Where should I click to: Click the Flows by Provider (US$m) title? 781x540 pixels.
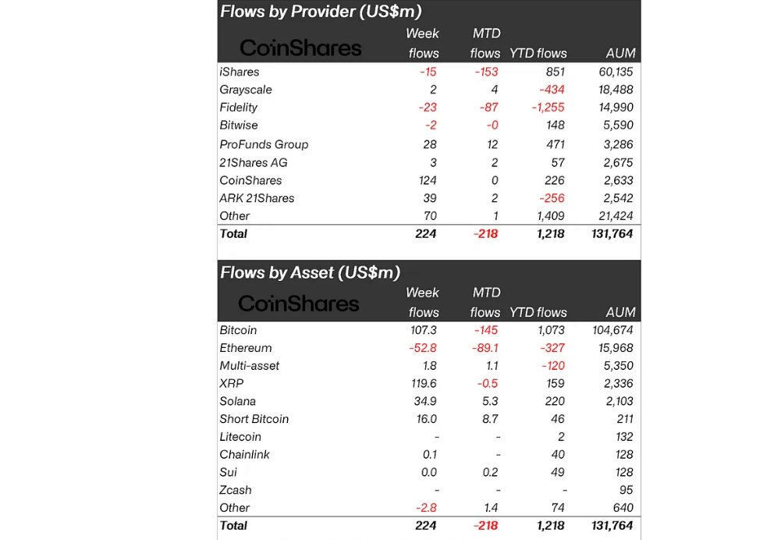pyautogui.click(x=321, y=11)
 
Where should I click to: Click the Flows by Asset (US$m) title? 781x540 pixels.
pyautogui.click(x=310, y=272)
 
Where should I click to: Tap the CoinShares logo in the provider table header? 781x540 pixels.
pyautogui.click(x=300, y=48)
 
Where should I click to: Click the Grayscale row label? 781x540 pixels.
pyautogui.click(x=246, y=90)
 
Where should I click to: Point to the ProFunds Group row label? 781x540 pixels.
pyautogui.click(x=264, y=144)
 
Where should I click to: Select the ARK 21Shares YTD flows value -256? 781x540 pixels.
pyautogui.click(x=550, y=198)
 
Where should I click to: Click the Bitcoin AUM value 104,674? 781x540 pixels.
pyautogui.click(x=612, y=330)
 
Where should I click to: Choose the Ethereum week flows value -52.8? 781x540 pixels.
pyautogui.click(x=422, y=348)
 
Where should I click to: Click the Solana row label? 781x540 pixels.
pyautogui.click(x=237, y=401)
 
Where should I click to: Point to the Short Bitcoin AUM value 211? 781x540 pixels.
pyautogui.click(x=623, y=419)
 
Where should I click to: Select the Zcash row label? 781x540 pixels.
pyautogui.click(x=236, y=490)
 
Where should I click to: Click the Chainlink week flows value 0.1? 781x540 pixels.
pyautogui.click(x=430, y=455)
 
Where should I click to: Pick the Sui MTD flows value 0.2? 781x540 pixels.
pyautogui.click(x=492, y=472)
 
